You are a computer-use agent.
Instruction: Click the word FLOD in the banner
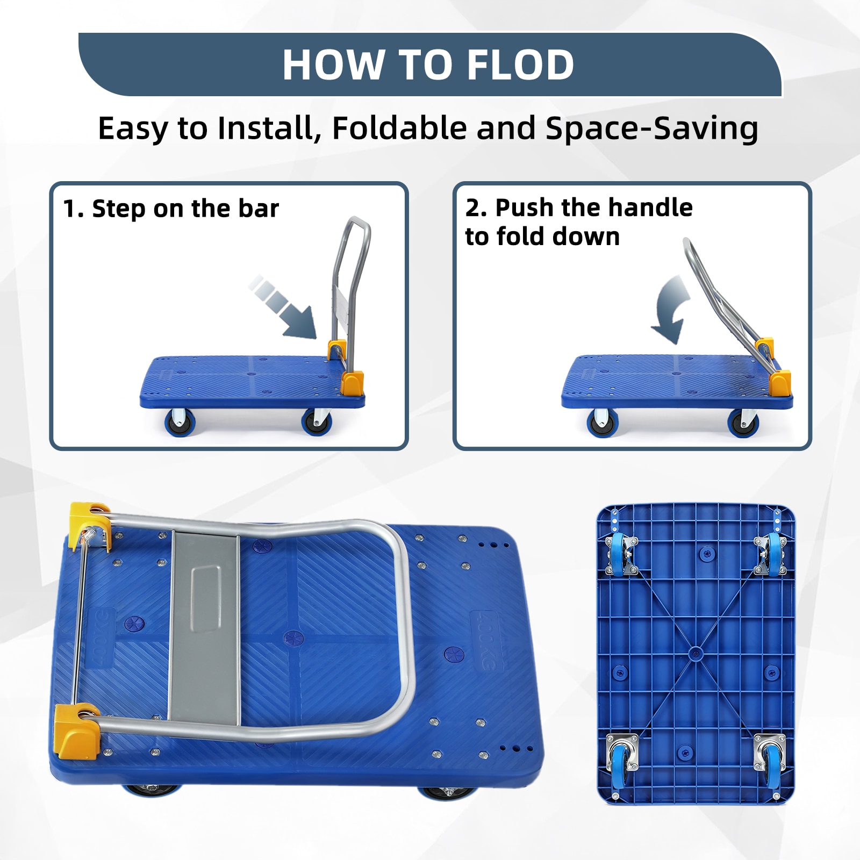(x=520, y=65)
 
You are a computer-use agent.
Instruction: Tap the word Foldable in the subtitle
(x=399, y=128)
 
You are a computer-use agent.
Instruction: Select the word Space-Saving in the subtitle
(x=651, y=130)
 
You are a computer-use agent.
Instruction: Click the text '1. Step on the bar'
(x=171, y=209)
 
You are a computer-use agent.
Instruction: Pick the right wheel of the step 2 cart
(x=743, y=422)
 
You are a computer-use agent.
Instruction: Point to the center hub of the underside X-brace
(x=696, y=654)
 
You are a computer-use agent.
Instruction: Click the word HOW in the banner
(x=332, y=65)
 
